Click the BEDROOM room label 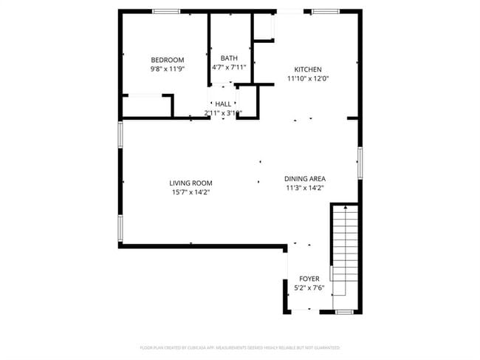(168, 60)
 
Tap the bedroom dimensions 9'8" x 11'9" (168, 69)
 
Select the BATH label (229, 58)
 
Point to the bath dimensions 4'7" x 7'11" (229, 67)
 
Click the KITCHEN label (308, 69)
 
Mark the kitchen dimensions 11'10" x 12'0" (308, 78)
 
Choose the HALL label (223, 104)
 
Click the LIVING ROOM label (191, 183)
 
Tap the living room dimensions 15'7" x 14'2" (191, 192)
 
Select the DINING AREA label (305, 179)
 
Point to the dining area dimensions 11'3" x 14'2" (305, 188)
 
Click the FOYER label (309, 279)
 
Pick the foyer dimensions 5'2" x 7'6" (309, 288)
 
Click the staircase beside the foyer (343, 255)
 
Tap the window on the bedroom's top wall (165, 11)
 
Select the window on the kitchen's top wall (325, 11)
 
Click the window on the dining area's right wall (360, 163)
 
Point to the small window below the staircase (344, 313)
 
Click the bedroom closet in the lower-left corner (147, 106)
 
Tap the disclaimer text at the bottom (239, 347)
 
